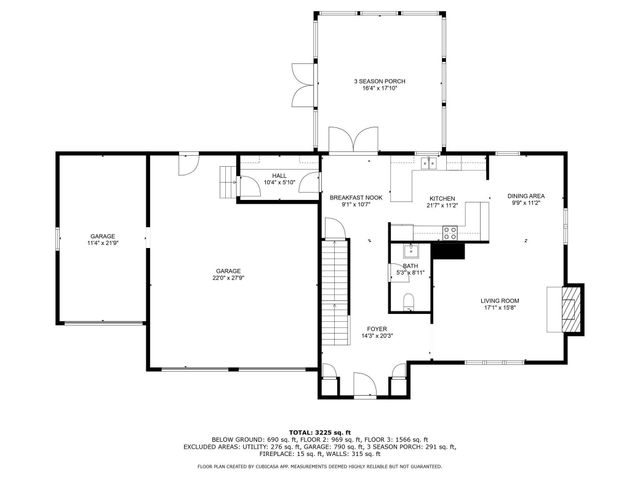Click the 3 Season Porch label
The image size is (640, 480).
[379, 81]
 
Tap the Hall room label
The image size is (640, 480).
[278, 176]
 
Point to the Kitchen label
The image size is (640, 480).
[442, 199]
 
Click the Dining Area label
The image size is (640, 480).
[525, 196]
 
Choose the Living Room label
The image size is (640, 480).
[499, 299]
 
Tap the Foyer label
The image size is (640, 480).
[377, 329]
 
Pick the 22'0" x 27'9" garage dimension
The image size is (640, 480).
[229, 278]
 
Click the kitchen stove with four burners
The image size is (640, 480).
[450, 233]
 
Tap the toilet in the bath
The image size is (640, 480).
[409, 301]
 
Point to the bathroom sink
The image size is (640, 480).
[410, 251]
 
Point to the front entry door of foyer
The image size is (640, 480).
[362, 381]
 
